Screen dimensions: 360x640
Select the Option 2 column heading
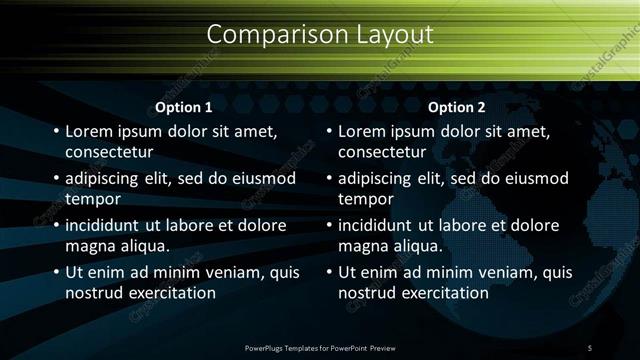[x=457, y=107]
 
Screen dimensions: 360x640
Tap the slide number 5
[x=590, y=347]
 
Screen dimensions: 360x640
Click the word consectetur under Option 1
[x=109, y=153]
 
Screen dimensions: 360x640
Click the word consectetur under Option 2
[x=382, y=153]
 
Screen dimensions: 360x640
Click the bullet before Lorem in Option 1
[x=55, y=131]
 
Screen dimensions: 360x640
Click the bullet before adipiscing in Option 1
[x=55, y=179]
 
